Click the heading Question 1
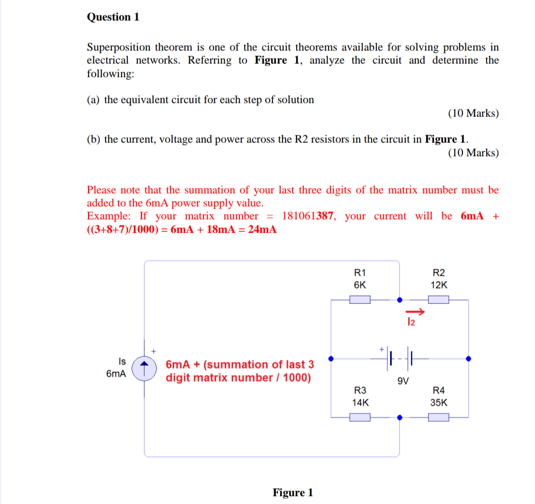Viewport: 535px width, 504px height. point(113,17)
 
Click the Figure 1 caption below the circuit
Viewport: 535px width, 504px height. point(293,492)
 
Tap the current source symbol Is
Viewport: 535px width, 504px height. point(142,368)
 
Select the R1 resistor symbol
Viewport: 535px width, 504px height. point(360,300)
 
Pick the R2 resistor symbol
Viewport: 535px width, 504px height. point(438,300)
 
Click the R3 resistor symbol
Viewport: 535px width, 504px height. point(360,417)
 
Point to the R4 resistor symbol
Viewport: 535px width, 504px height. point(438,417)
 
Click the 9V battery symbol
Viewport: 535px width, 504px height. point(400,358)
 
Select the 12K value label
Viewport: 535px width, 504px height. point(439,285)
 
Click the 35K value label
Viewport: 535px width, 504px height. point(439,403)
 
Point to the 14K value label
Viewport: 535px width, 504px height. point(360,403)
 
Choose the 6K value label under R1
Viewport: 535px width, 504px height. point(360,285)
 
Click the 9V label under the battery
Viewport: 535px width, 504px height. point(403,381)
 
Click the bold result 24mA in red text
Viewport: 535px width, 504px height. point(262,230)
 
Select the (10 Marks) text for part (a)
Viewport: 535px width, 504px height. point(473,113)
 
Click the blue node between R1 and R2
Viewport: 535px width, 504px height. point(400,300)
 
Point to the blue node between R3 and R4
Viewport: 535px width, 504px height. point(400,417)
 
